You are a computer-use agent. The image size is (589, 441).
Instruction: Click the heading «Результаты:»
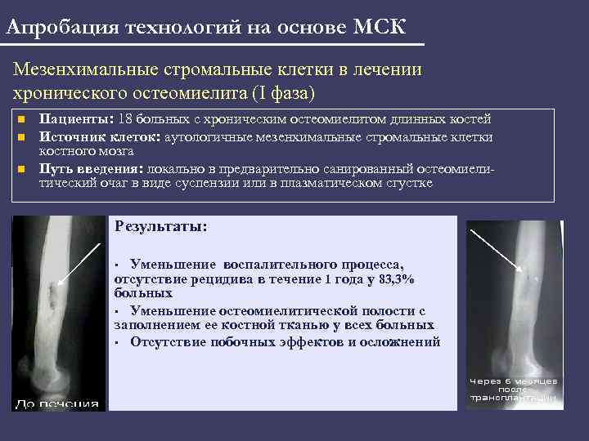[162, 226]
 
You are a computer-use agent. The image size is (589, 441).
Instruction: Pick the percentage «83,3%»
[394, 279]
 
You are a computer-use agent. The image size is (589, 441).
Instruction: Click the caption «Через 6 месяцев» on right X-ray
[513, 381]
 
